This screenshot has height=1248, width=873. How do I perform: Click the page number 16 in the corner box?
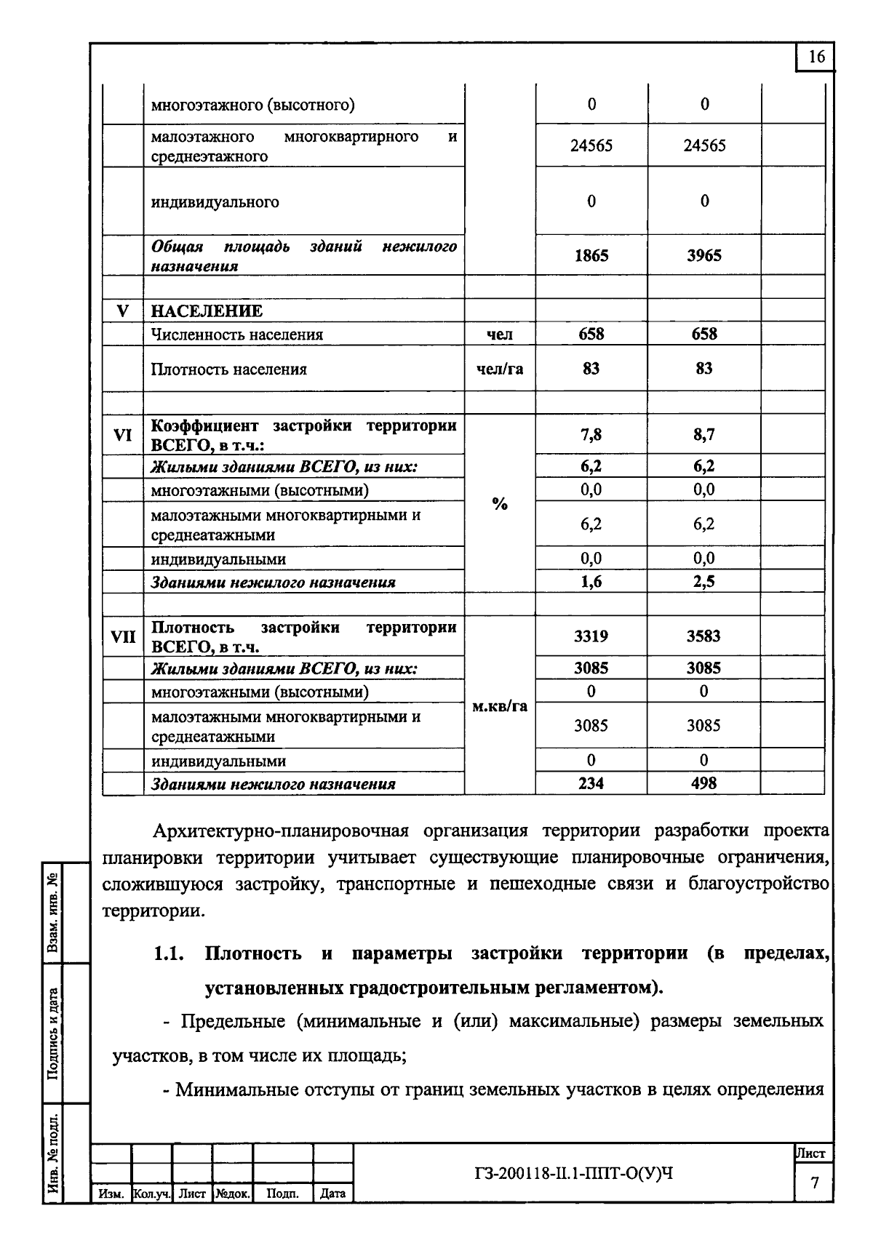pyautogui.click(x=816, y=57)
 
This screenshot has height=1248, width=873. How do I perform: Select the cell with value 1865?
pyautogui.click(x=591, y=256)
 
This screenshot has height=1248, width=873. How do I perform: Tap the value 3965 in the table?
pyautogui.click(x=704, y=256)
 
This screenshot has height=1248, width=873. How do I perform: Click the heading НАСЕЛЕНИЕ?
pyautogui.click(x=207, y=311)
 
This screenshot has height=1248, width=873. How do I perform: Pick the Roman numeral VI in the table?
pyautogui.click(x=123, y=435)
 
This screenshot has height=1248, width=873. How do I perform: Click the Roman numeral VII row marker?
pyautogui.click(x=123, y=636)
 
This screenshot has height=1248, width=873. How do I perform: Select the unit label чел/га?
pyautogui.click(x=499, y=369)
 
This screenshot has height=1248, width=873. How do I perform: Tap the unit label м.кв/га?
pyautogui.click(x=499, y=706)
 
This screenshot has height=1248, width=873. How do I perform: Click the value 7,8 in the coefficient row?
pyautogui.click(x=591, y=435)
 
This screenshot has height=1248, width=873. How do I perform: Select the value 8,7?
pyautogui.click(x=704, y=435)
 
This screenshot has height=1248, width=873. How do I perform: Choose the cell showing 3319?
pyautogui.click(x=591, y=636)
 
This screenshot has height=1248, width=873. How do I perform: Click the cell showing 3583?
pyautogui.click(x=704, y=636)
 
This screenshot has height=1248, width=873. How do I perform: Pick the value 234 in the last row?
pyautogui.click(x=591, y=783)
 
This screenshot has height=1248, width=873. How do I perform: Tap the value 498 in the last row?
pyautogui.click(x=704, y=783)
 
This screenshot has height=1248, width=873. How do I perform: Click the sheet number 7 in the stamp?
pyautogui.click(x=815, y=1183)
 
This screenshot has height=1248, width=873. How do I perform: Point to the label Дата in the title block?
pyautogui.click(x=332, y=1194)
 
